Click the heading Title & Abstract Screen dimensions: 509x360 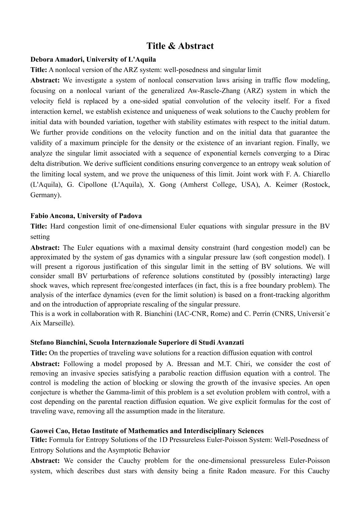tap(180, 46)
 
